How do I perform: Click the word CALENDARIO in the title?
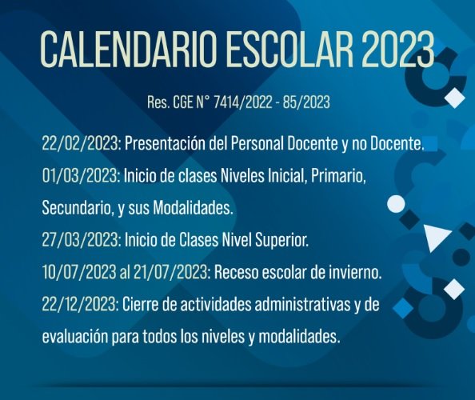point(129,50)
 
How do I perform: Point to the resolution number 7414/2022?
point(242,102)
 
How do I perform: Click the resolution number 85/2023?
point(306,102)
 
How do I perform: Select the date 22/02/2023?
point(80,143)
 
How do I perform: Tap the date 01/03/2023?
point(80,176)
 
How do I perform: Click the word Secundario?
point(77,208)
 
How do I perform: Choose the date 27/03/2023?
point(80,240)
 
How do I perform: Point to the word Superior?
point(281,241)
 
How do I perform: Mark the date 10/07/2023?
point(78,272)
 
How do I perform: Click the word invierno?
point(354,272)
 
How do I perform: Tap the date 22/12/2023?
point(80,304)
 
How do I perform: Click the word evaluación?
point(75,336)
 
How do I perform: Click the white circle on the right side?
point(397,204)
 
